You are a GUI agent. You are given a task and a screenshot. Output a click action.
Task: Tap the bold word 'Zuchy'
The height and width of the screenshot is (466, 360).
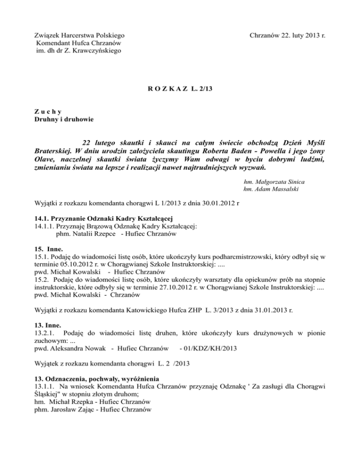pyautogui.click(x=47, y=111)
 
